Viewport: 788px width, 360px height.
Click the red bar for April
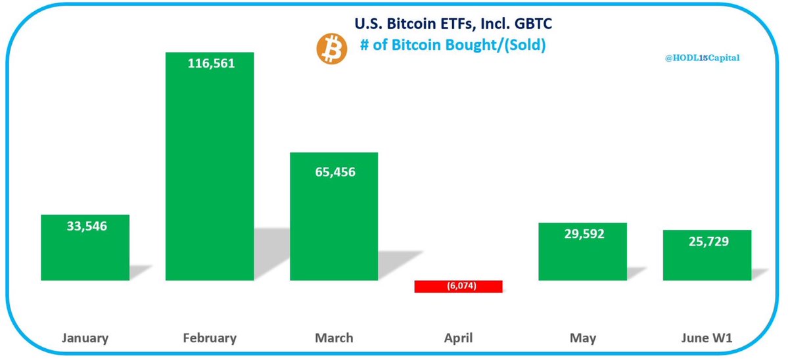pos(458,286)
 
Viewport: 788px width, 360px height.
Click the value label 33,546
pos(85,227)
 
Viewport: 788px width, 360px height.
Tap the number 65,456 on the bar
pos(334,172)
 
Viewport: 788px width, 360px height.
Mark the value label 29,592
pos(582,235)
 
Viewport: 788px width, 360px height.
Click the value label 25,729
pos(707,242)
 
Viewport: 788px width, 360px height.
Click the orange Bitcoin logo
pos(331,50)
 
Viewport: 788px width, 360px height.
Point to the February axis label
pos(210,338)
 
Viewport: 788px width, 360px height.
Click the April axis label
pos(458,338)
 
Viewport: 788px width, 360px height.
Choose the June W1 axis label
pos(707,338)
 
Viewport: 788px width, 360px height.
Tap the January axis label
pos(85,338)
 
